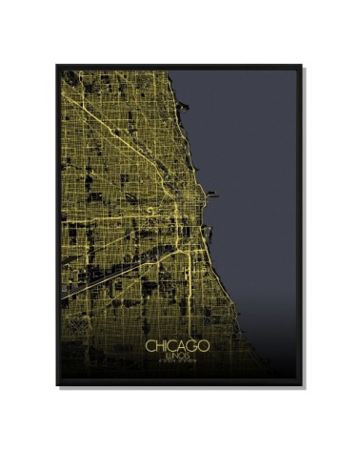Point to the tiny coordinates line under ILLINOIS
(180, 361)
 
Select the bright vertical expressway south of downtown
(190, 276)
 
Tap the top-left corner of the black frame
(57, 66)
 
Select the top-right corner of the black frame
(302, 66)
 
